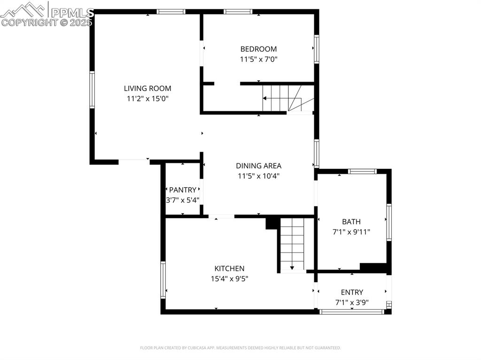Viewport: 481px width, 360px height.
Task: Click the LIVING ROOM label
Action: click(147, 88)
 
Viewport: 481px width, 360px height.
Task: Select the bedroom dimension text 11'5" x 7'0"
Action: click(258, 59)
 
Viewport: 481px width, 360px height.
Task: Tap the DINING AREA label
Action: click(258, 166)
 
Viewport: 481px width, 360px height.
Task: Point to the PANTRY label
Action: click(182, 190)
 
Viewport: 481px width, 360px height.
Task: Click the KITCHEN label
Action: click(229, 268)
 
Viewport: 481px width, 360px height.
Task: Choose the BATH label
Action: click(351, 221)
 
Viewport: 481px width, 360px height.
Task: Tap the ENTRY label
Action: click(352, 292)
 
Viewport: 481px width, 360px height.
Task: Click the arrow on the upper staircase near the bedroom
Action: click(265, 99)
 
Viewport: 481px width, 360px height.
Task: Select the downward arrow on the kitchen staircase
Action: click(292, 268)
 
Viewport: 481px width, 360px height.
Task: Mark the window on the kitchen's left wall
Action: click(163, 279)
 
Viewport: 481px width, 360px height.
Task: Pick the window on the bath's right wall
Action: click(388, 222)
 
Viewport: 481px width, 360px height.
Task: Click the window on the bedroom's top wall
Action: click(238, 12)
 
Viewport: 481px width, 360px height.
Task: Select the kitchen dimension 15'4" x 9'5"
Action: click(229, 278)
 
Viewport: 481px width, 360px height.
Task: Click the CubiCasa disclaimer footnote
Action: click(240, 348)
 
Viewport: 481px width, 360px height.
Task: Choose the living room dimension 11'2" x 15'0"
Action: click(147, 99)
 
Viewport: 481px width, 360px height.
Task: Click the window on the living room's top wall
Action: click(171, 12)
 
